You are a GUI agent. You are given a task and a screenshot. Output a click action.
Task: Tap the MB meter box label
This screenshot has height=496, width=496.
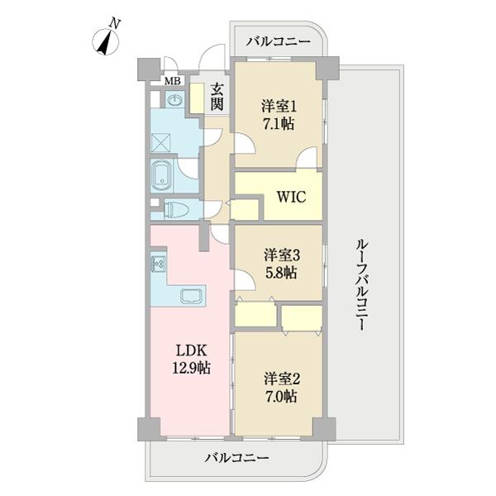pos(173,81)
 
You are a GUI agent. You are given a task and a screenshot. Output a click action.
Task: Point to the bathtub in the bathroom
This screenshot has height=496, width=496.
pos(161,175)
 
